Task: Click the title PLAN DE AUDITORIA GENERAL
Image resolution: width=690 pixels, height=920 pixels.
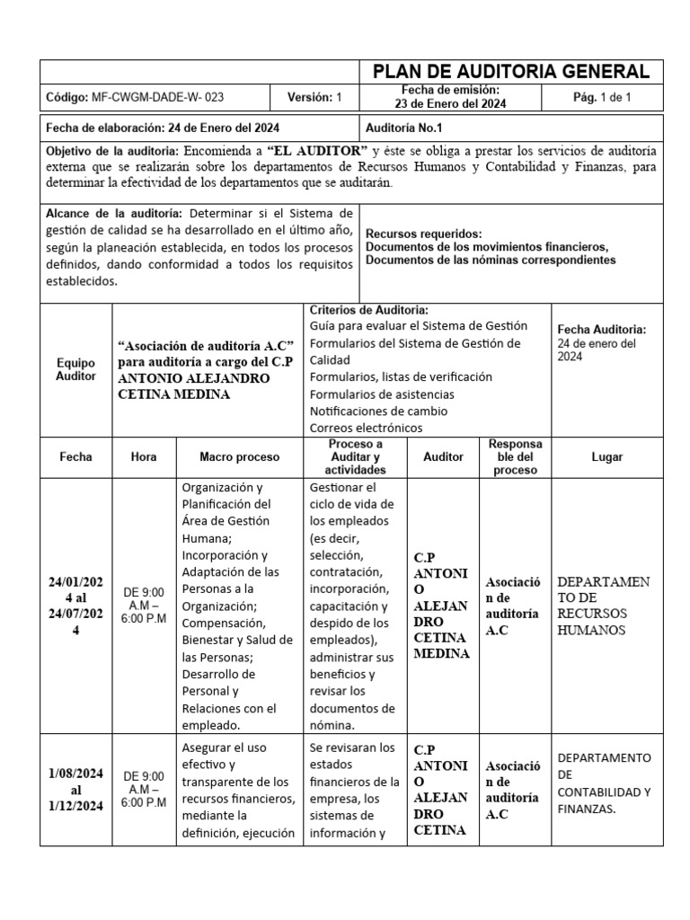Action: point(510,72)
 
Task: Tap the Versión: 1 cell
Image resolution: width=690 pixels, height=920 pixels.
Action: point(314,97)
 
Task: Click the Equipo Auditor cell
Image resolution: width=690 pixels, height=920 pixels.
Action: point(75,369)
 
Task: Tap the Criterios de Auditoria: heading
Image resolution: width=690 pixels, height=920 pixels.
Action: point(368,310)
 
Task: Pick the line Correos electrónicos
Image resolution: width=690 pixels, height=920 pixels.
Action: point(367,428)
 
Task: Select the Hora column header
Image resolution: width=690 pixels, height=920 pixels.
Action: point(144,457)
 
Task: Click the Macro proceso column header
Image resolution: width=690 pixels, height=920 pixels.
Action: point(240,457)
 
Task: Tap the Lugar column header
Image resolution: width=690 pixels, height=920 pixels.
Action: point(606,457)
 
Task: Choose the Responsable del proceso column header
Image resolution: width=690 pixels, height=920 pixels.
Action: point(516,457)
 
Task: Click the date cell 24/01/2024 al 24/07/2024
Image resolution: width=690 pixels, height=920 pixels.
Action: point(75,606)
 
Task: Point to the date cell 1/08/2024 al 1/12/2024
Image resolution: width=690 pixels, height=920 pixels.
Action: point(75,790)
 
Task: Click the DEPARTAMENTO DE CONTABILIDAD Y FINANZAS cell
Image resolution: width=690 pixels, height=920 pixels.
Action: point(604,783)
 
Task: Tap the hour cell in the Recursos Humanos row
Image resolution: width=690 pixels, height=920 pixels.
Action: point(144,606)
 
